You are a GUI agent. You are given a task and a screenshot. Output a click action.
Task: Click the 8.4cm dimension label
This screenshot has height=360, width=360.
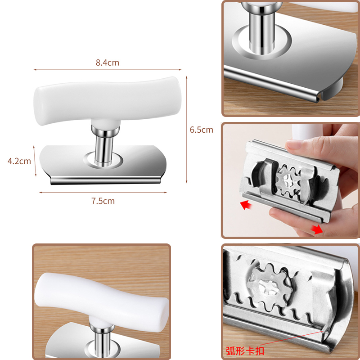(108, 63)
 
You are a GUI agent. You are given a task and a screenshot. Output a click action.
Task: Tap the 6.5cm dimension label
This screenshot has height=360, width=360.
(201, 130)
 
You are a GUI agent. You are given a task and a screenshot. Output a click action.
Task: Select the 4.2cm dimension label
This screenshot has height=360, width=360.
(19, 161)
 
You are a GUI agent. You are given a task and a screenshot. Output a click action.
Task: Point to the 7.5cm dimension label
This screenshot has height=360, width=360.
(103, 201)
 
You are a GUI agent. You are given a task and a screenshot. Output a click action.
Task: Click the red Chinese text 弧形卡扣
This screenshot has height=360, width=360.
(245, 351)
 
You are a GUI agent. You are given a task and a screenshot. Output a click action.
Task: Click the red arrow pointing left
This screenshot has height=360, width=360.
(246, 204)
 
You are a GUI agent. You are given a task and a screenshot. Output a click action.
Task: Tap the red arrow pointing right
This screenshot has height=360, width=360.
(317, 229)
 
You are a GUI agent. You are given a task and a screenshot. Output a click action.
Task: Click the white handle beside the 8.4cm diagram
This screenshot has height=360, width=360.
(108, 100)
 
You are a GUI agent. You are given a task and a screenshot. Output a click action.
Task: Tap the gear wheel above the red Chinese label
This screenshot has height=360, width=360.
(270, 285)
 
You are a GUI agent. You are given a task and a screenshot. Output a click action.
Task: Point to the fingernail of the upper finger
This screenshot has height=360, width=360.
(293, 144)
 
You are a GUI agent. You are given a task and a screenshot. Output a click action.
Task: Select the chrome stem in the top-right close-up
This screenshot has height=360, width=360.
(262, 30)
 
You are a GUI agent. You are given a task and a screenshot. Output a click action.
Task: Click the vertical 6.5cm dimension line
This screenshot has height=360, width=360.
(186, 130)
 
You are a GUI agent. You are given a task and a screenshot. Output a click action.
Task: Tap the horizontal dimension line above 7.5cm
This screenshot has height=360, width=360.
(103, 193)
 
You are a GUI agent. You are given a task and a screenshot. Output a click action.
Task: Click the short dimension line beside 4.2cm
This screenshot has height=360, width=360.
(35, 161)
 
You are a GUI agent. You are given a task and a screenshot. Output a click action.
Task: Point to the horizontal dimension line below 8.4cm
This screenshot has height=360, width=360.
(108, 70)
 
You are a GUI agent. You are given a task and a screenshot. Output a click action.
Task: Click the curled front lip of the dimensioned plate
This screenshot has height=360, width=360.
(106, 180)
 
